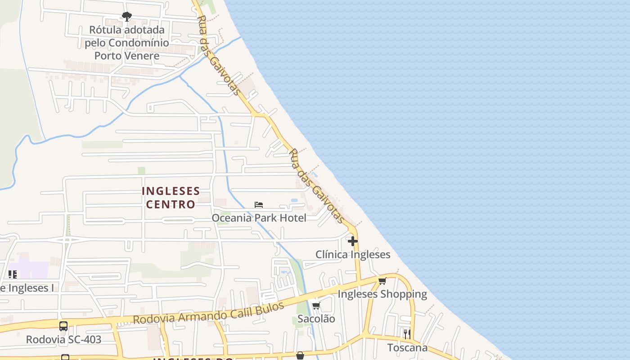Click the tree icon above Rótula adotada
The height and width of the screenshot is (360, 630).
pyautogui.click(x=127, y=17)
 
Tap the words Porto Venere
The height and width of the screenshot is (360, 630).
pyautogui.click(x=127, y=56)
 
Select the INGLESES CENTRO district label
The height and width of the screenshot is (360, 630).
pyautogui.click(x=171, y=198)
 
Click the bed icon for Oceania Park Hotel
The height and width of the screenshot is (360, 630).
pyautogui.click(x=259, y=205)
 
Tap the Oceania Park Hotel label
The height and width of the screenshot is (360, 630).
pyautogui.click(x=259, y=218)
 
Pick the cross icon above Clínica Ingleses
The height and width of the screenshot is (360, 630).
pyautogui.click(x=352, y=241)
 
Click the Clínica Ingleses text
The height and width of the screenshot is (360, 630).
pyautogui.click(x=352, y=255)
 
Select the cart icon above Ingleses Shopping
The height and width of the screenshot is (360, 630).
pyautogui.click(x=382, y=281)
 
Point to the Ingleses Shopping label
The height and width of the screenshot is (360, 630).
pyautogui.click(x=382, y=294)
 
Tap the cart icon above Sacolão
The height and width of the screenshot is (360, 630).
pyautogui.click(x=316, y=306)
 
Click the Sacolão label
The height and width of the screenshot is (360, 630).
pyautogui.click(x=316, y=319)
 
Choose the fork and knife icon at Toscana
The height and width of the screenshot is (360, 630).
pyautogui.click(x=407, y=334)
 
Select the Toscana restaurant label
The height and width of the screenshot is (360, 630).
pyautogui.click(x=407, y=347)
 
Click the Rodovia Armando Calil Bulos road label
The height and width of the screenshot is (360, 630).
pyautogui.click(x=208, y=313)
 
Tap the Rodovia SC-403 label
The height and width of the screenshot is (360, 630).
pyautogui.click(x=63, y=339)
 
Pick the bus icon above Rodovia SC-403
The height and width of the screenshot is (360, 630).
pyautogui.click(x=63, y=326)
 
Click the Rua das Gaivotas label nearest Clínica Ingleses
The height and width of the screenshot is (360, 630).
pyautogui.click(x=316, y=185)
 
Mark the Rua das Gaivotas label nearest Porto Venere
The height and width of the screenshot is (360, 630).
pyautogui.click(x=219, y=55)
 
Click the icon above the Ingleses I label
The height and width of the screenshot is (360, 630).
pyautogui.click(x=13, y=274)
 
